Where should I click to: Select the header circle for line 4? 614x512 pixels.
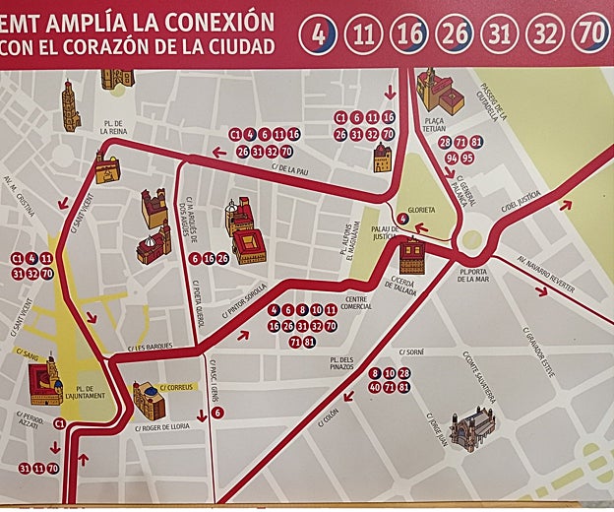(318, 33)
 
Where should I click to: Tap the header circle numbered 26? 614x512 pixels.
(454, 33)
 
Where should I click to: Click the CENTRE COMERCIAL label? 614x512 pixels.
(358, 303)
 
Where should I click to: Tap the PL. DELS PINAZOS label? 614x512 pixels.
(338, 365)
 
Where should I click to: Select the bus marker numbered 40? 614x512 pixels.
(374, 388)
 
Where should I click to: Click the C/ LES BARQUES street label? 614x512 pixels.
(151, 348)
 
